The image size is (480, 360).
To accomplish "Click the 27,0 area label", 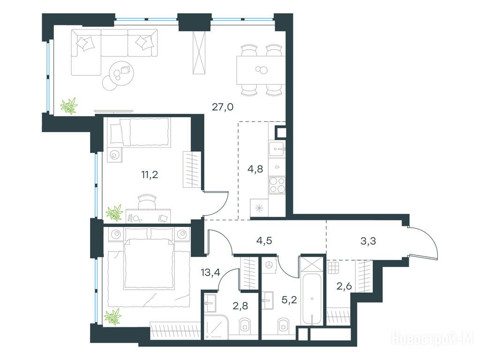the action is pos(223,107).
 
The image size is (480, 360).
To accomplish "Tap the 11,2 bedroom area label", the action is pos(150,175).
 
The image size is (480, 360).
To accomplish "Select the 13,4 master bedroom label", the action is pos(210,272).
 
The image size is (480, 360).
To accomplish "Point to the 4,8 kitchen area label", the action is pos(255,169).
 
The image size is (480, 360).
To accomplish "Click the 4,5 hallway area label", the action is pos(264,241).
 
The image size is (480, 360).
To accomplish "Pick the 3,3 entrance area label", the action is pos(368,241).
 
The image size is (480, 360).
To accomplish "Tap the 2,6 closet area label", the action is pos(345,286).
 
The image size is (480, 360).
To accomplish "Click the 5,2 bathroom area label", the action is pos(289,300).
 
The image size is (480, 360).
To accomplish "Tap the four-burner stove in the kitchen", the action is pos(277,185).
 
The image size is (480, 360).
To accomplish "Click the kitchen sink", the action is pos(277,149).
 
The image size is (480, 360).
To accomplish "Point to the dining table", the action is pos(261,70).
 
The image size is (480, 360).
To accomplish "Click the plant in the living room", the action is pos(69,106).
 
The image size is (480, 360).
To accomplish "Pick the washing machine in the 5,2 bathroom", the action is pos(270,265).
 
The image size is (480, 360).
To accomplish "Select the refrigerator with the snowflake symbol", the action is pos(259,208).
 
